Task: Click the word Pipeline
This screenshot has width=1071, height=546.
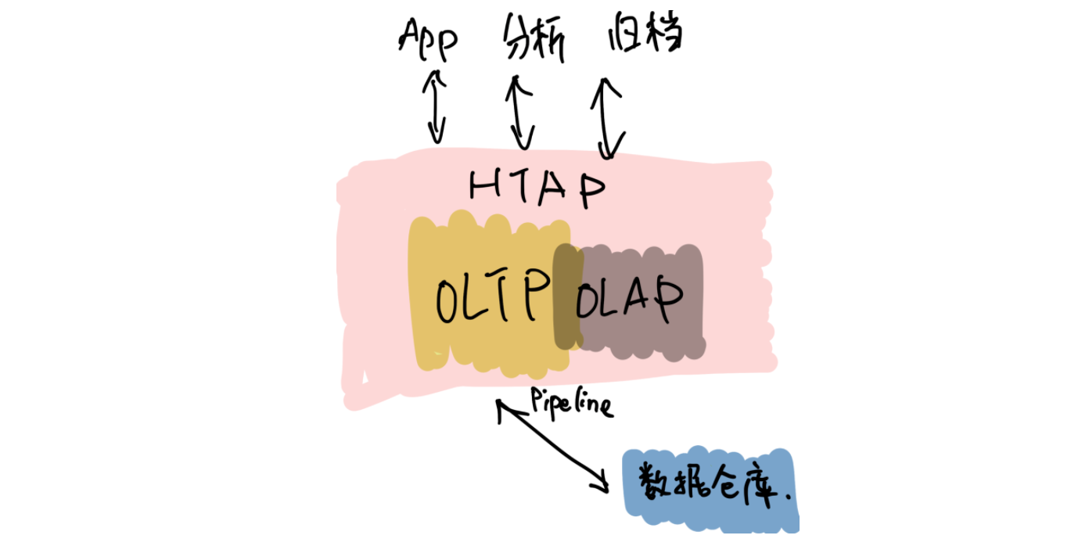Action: (571, 401)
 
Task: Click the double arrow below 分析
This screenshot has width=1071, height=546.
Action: (519, 111)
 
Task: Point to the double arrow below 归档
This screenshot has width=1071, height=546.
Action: (609, 117)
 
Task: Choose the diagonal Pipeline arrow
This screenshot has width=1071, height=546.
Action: (552, 446)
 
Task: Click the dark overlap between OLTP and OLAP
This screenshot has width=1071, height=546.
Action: (568, 296)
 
